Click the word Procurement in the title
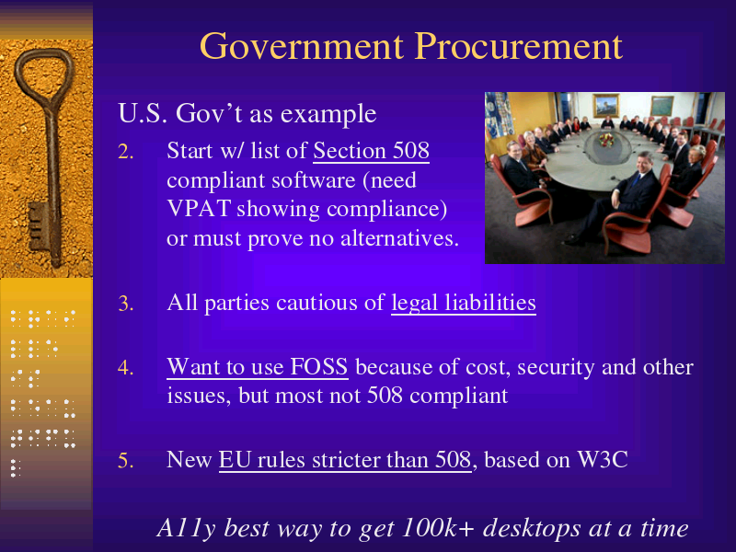click(518, 46)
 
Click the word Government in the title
click(302, 46)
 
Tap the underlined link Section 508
click(371, 151)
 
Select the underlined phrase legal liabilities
click(464, 303)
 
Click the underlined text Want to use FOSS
click(258, 366)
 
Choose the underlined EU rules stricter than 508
click(345, 459)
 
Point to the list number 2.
click(125, 152)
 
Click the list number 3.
click(125, 304)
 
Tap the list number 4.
click(125, 367)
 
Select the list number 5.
click(125, 461)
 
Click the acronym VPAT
click(199, 209)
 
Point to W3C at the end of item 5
click(603, 459)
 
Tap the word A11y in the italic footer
click(186, 529)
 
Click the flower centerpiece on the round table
click(606, 140)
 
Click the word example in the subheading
click(328, 114)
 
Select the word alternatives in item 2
click(399, 238)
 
